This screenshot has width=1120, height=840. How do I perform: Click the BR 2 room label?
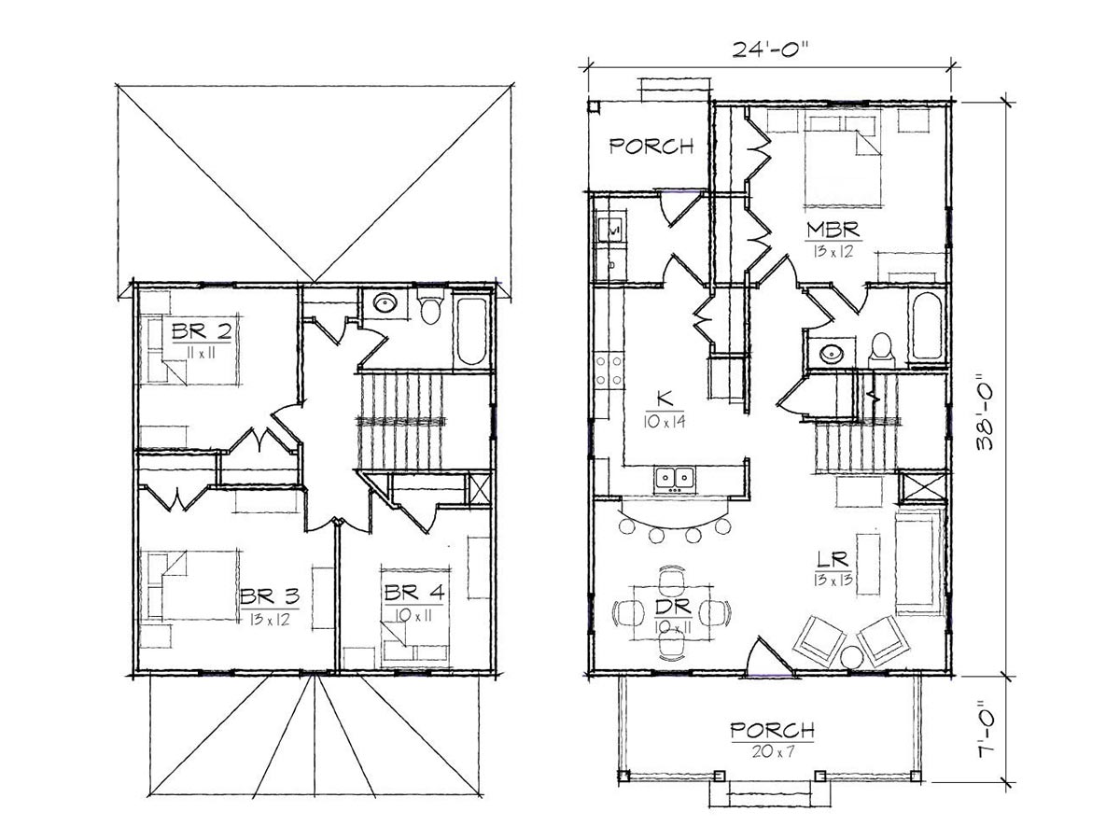(x=202, y=332)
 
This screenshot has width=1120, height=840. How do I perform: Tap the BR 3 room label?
(x=270, y=595)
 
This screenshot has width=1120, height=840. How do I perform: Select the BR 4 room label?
(x=413, y=593)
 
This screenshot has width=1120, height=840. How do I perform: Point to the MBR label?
(x=833, y=230)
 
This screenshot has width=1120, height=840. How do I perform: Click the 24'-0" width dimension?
(x=772, y=50)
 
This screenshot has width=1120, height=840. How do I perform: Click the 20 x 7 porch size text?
(x=773, y=751)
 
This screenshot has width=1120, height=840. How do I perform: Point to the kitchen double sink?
(x=674, y=479)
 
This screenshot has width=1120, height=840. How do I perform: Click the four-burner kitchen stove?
(x=609, y=371)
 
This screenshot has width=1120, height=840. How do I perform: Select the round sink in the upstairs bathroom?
(x=385, y=304)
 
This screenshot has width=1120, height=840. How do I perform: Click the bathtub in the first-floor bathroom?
(x=927, y=327)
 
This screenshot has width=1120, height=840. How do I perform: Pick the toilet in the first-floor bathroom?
(x=881, y=350)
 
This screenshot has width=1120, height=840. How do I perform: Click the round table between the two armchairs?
(x=850, y=657)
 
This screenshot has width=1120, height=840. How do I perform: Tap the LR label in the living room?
(x=833, y=560)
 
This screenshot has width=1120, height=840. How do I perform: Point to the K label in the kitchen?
(x=665, y=398)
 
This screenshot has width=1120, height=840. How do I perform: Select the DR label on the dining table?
(x=673, y=607)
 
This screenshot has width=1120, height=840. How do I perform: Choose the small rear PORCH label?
(x=651, y=147)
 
